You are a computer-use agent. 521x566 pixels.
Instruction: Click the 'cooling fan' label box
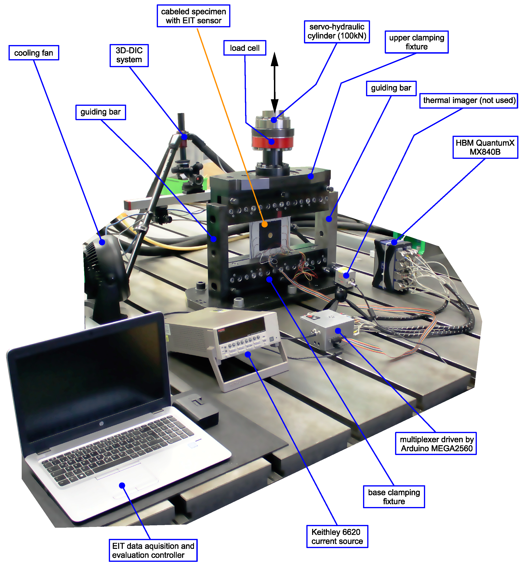[x=34, y=53]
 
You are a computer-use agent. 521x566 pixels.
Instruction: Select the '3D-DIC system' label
[x=129, y=55]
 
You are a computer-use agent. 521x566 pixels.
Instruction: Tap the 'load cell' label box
[x=245, y=48]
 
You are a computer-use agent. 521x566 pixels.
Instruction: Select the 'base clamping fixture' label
[x=394, y=497]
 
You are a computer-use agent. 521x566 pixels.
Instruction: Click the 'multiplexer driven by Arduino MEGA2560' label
[x=436, y=444]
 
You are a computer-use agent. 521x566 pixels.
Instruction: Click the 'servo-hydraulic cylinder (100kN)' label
[x=337, y=32]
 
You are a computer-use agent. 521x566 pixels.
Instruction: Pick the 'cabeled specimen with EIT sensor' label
[x=193, y=16]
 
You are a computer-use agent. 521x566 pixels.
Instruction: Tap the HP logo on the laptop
[x=101, y=423]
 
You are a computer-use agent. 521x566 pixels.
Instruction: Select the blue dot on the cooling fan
[x=102, y=242]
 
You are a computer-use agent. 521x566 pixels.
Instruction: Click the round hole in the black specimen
[x=270, y=235]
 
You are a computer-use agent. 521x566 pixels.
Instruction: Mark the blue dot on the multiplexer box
[x=338, y=331]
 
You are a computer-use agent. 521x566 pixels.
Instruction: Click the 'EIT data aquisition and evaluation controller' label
[x=153, y=550]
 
